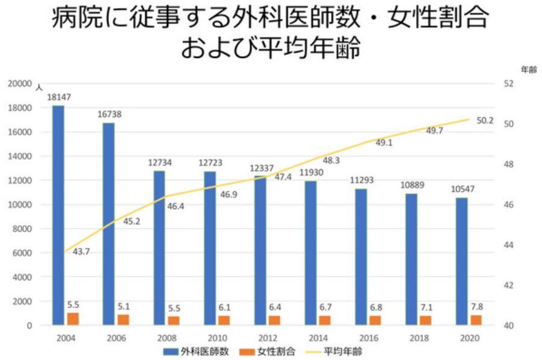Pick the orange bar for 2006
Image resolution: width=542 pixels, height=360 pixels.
pyautogui.click(x=123, y=320)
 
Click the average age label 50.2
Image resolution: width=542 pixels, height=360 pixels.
pyautogui.click(x=485, y=121)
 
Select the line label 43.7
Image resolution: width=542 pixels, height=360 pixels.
pyautogui.click(x=81, y=251)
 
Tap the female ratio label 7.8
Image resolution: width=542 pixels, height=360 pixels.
pyautogui.click(x=476, y=306)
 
